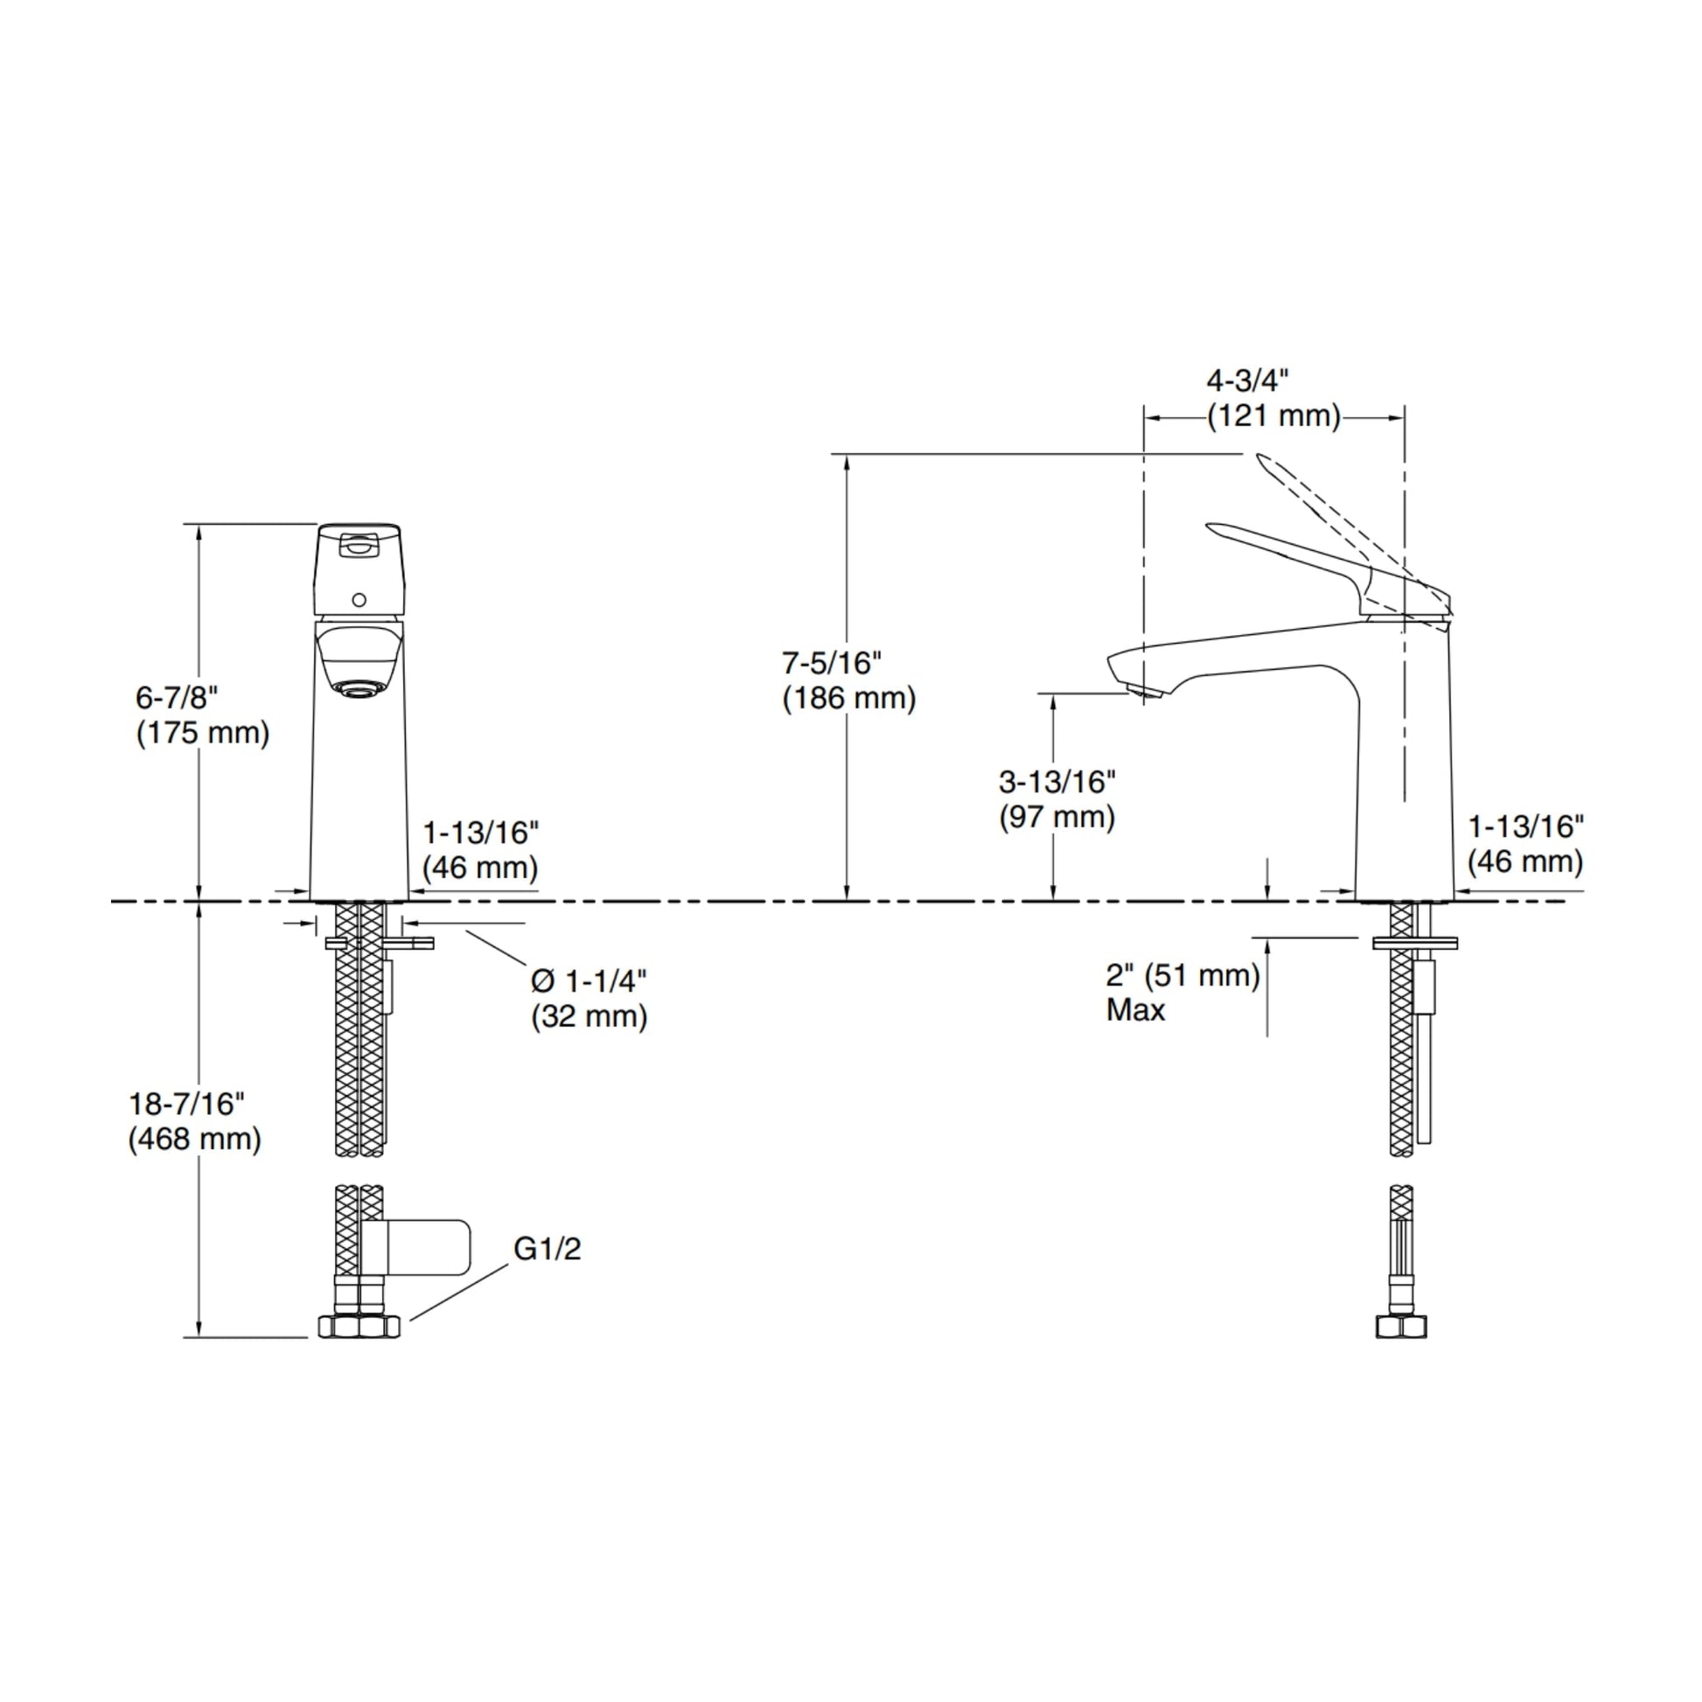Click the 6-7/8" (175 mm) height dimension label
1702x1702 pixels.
tap(203, 715)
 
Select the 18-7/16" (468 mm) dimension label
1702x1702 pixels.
tap(195, 1120)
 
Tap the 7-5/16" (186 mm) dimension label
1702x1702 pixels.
tap(849, 680)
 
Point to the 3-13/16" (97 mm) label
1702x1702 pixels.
tap(1057, 799)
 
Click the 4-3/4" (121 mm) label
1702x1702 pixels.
tap(1273, 398)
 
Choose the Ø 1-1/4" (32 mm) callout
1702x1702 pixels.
tap(589, 998)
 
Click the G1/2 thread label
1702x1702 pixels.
tap(548, 1248)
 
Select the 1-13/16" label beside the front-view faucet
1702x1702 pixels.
tap(480, 849)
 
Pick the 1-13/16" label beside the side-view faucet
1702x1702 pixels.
tap(1525, 843)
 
